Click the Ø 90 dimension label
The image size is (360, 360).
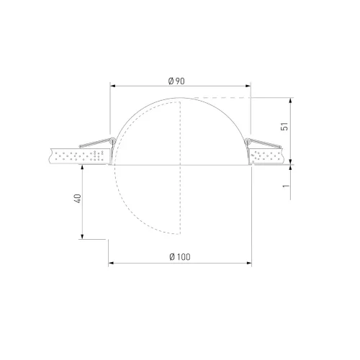coord(176,81)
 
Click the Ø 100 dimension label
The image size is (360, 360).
coord(180,257)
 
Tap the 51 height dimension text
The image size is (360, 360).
coord(284,126)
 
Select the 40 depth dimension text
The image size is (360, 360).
coord(78,199)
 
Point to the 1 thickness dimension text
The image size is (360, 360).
coord(286,186)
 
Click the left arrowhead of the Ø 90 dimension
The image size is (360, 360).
coord(113,86)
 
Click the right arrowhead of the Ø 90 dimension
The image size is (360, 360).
coord(248,86)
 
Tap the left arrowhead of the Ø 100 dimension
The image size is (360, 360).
coord(111,264)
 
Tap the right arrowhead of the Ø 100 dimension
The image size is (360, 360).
coord(249,264)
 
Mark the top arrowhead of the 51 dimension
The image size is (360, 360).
coord(291,101)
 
